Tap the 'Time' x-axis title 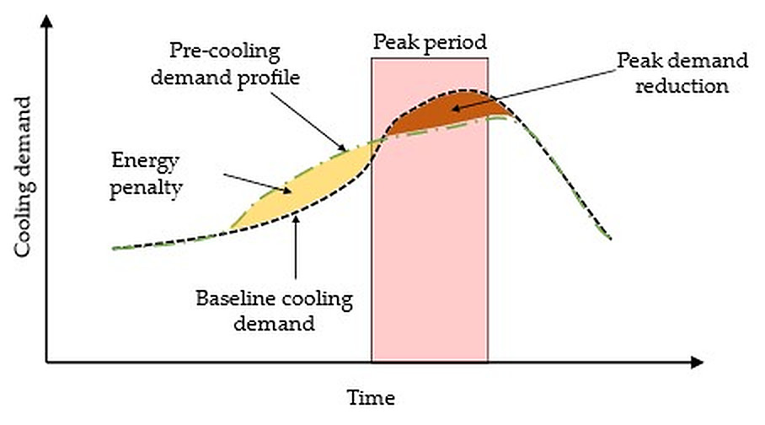(371, 396)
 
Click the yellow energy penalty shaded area (303, 190)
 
